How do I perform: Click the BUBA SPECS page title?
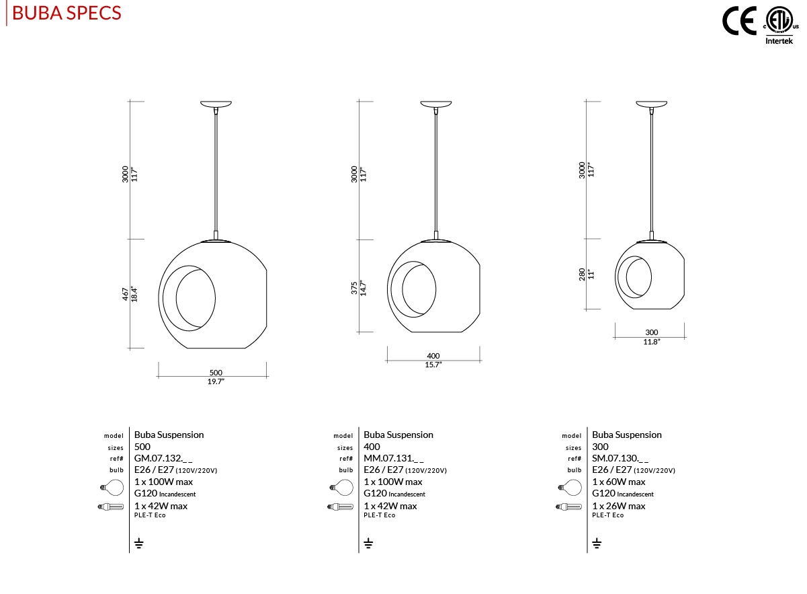point(67,13)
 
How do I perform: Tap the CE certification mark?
point(739,22)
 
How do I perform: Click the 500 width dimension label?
point(216,373)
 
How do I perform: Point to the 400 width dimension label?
point(433,356)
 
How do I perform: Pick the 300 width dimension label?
point(651,332)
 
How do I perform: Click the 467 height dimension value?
point(125,294)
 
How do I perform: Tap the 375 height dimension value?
point(354,288)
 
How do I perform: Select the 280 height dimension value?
point(582,274)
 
